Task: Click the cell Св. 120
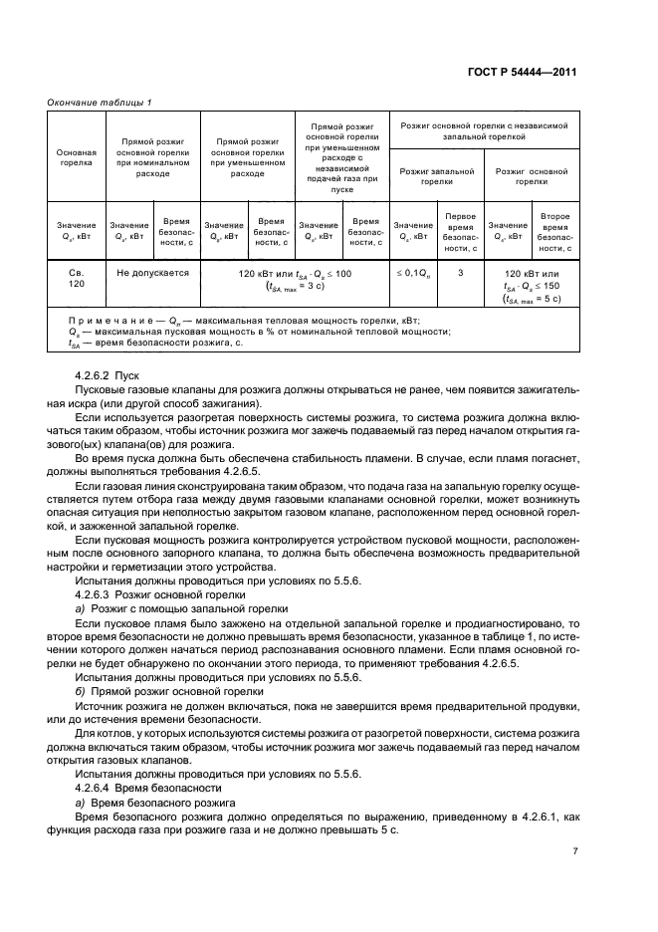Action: pyautogui.click(x=76, y=279)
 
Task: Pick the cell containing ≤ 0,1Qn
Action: pyautogui.click(x=411, y=272)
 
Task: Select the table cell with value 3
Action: pyautogui.click(x=459, y=272)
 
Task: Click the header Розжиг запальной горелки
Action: pyautogui.click(x=436, y=177)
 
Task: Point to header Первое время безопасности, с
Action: pyautogui.click(x=459, y=232)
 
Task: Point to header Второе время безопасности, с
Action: pyautogui.click(x=555, y=232)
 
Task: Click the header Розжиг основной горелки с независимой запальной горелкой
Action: pyautogui.click(x=484, y=132)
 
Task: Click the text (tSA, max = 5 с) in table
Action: pyautogui.click(x=532, y=297)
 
